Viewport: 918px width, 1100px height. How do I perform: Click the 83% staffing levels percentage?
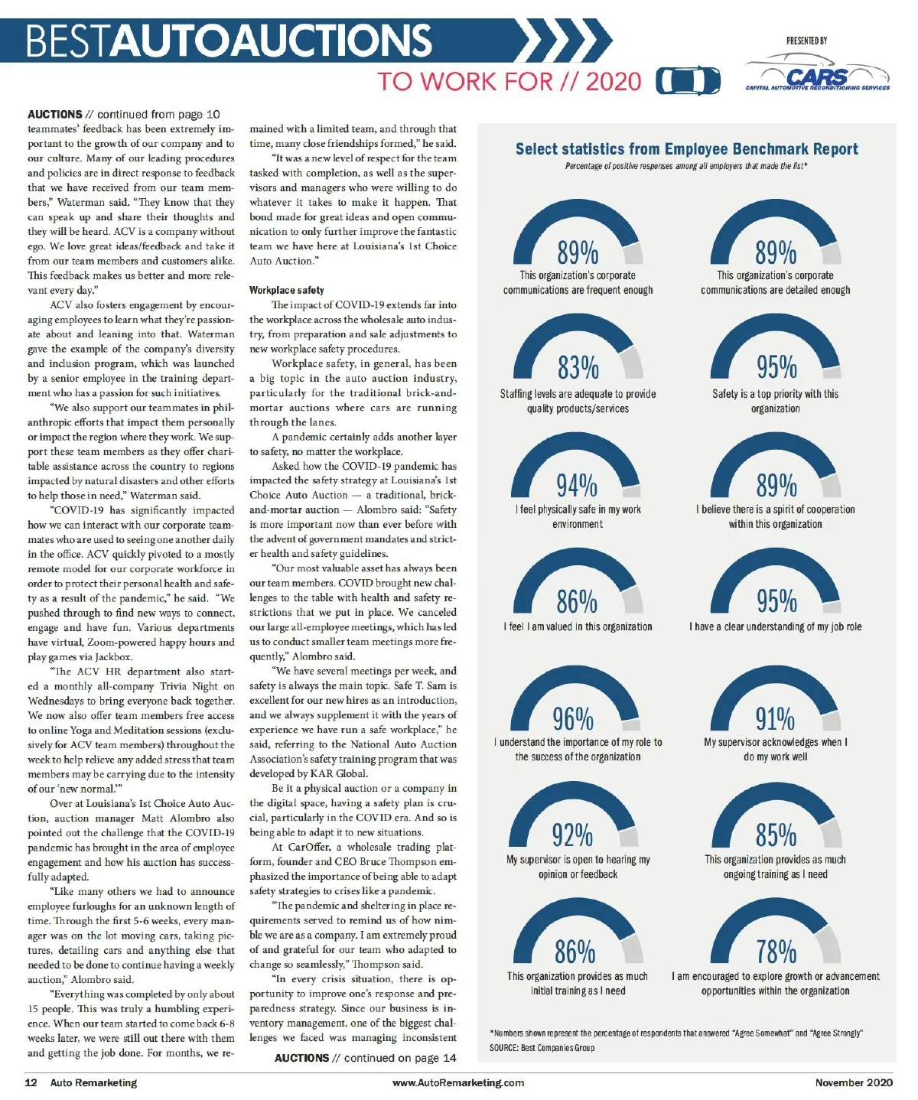tap(578, 367)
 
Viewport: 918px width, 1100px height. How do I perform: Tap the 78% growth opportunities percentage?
tap(776, 952)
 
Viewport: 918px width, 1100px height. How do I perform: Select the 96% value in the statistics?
tap(573, 719)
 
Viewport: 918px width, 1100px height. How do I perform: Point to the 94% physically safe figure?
tap(577, 485)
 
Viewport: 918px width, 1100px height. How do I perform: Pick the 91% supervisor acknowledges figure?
tap(775, 719)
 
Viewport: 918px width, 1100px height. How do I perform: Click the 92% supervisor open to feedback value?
tap(572, 835)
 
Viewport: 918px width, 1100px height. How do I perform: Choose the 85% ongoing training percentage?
tap(776, 835)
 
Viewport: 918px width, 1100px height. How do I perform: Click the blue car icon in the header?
tap(688, 80)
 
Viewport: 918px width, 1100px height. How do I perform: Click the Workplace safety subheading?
tap(287, 290)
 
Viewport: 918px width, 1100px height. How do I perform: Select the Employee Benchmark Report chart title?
tap(686, 149)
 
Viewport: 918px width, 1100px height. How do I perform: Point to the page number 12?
tap(31, 1082)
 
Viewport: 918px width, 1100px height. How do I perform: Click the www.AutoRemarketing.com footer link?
tap(458, 1082)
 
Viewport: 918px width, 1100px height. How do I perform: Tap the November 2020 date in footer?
tap(853, 1082)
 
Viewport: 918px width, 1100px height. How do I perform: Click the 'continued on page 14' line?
tap(365, 1058)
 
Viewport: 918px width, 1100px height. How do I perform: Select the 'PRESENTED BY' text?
tap(806, 41)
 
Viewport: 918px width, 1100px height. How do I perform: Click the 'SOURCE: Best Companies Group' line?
tap(542, 1047)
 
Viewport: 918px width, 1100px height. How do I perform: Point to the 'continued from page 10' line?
tap(124, 114)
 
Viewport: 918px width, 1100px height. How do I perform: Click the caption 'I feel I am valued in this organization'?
tap(578, 626)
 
